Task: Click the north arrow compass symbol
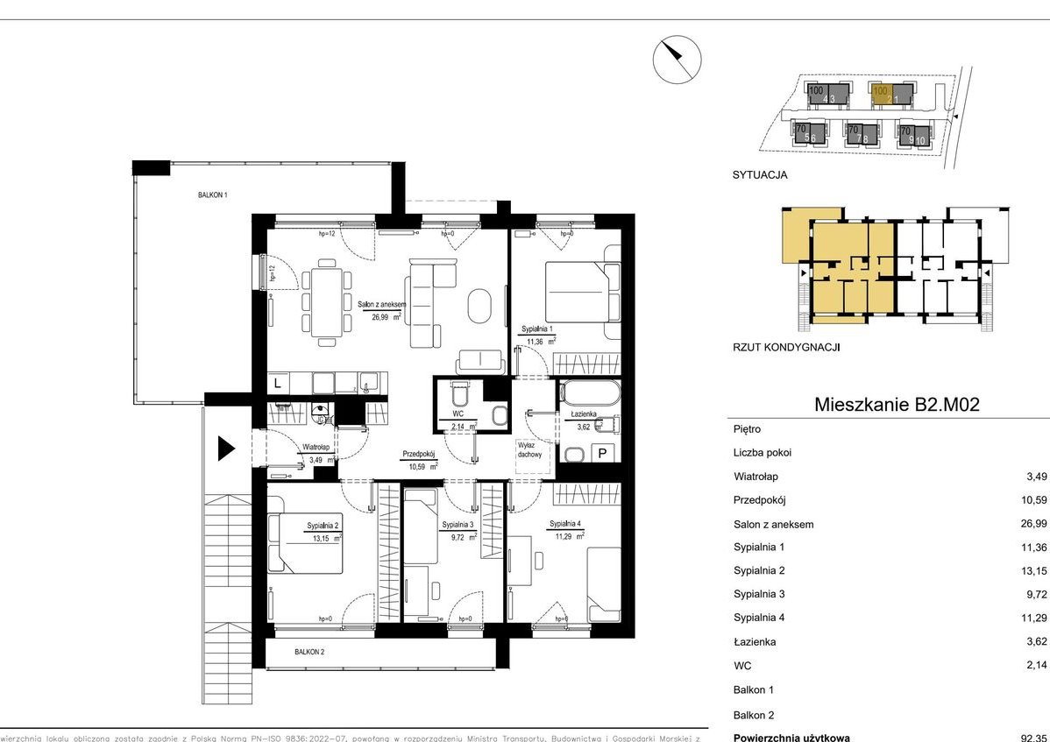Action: (677, 60)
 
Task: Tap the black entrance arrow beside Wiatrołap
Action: (226, 449)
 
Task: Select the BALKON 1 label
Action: (212, 196)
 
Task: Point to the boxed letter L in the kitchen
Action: (278, 383)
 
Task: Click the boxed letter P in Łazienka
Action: (602, 453)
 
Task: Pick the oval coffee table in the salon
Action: (481, 306)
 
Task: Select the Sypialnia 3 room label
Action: (458, 525)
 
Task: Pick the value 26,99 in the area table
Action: (1024, 524)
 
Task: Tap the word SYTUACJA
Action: (759, 174)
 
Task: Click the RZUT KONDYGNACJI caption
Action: (786, 347)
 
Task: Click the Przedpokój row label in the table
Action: (761, 500)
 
